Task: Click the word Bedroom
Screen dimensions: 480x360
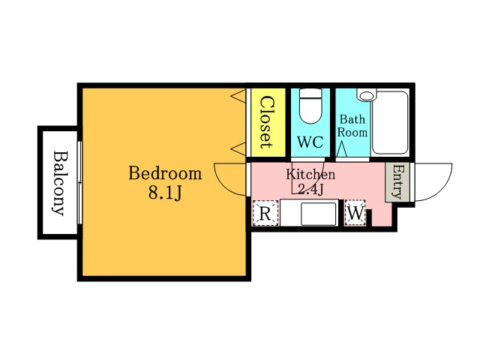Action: [165, 173]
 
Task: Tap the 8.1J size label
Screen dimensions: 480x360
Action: [165, 193]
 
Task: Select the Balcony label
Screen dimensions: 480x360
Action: [58, 183]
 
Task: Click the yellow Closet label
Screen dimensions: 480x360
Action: [267, 122]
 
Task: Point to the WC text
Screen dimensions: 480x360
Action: [310, 142]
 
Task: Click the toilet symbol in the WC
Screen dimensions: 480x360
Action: [310, 106]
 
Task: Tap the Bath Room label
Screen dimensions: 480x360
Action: [352, 126]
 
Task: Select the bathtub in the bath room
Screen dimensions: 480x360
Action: [390, 122]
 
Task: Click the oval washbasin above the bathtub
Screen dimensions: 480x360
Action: [367, 96]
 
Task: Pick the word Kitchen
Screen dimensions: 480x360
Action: [310, 175]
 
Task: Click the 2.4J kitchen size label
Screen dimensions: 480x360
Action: [310, 190]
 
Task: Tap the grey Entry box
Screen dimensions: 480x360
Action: [397, 182]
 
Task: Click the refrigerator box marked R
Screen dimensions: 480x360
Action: [265, 213]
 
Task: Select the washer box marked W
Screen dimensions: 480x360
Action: [355, 213]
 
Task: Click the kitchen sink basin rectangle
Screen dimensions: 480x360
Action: [318, 214]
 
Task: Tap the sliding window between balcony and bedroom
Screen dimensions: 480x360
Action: [79, 182]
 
